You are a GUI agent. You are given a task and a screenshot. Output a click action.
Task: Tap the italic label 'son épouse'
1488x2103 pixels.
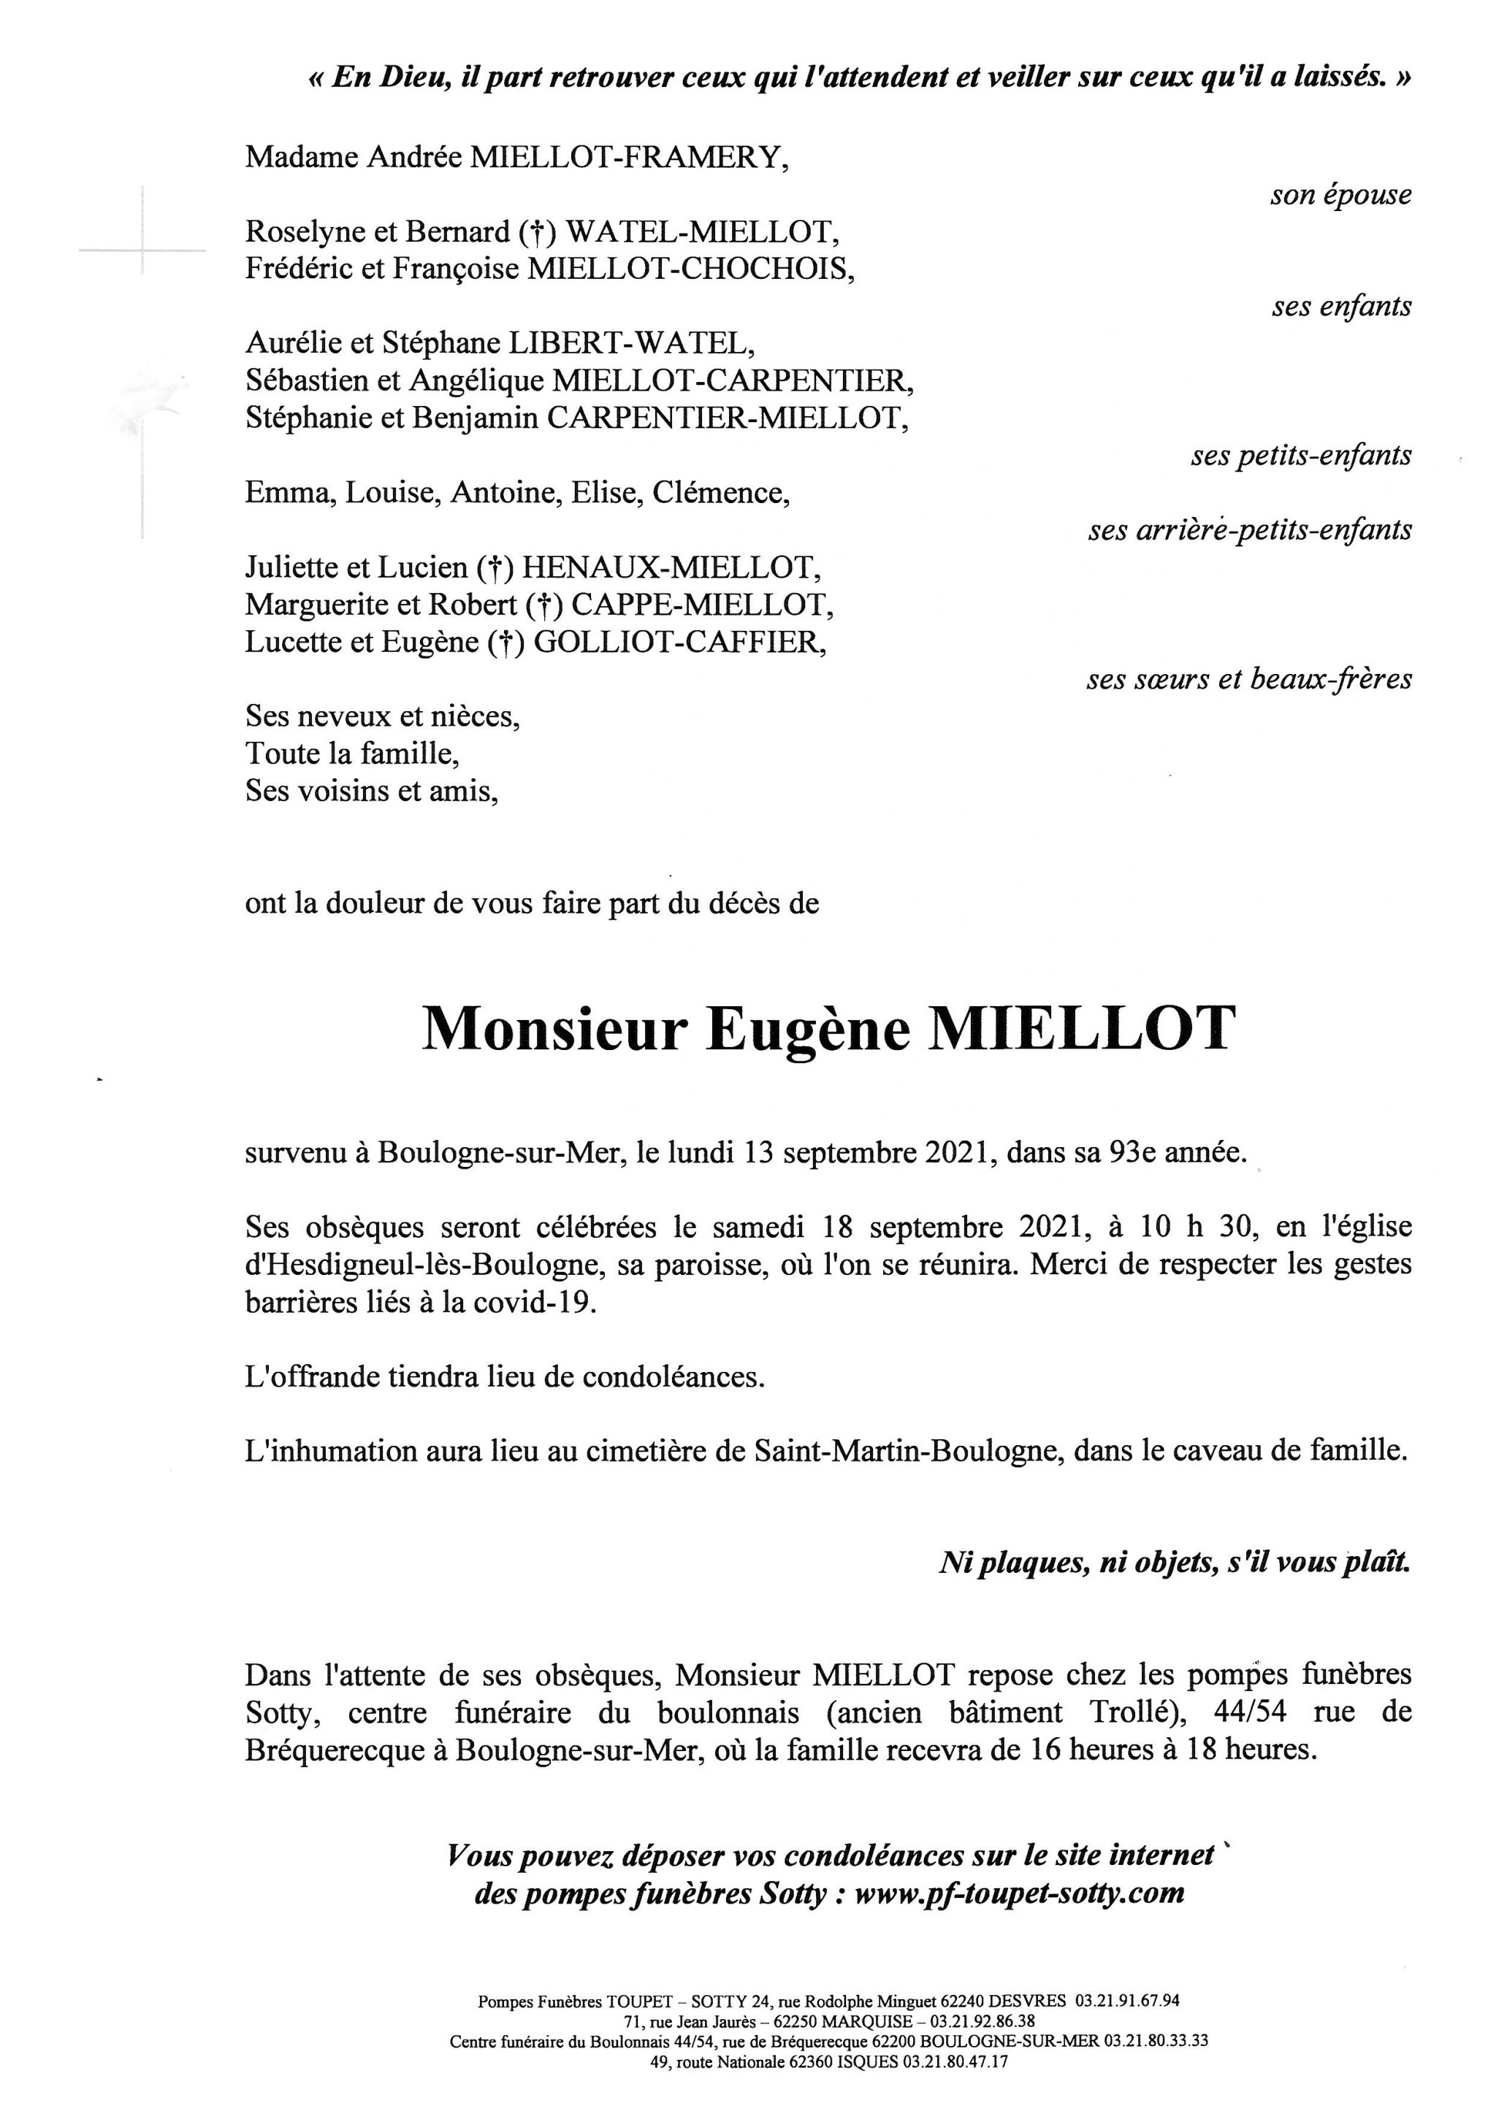point(1340,195)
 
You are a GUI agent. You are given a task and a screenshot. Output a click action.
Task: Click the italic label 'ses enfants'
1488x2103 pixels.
point(1340,307)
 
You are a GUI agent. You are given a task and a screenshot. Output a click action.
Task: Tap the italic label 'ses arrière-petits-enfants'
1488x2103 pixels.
point(1250,530)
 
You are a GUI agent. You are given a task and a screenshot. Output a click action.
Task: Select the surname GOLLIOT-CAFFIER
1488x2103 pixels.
point(679,642)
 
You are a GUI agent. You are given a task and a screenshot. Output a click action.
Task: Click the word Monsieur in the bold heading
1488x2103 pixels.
point(554,1030)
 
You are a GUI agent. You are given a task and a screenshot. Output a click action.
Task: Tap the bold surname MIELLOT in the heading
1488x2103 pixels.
point(1082,1030)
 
